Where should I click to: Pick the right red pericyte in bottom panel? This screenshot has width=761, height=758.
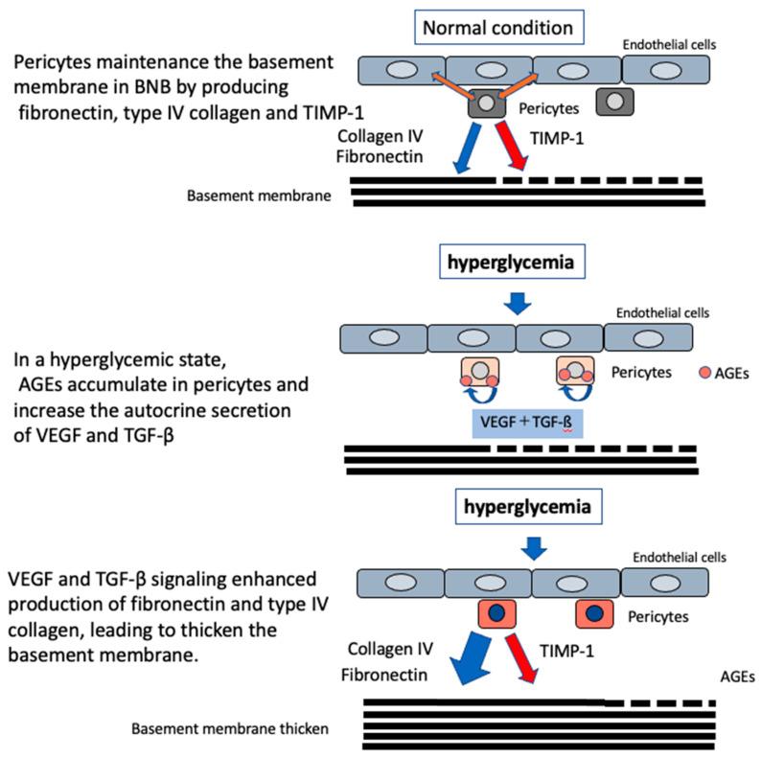(593, 614)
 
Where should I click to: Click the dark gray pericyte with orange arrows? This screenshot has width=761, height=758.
(488, 102)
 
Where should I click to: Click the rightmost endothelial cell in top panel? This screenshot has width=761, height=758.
(666, 69)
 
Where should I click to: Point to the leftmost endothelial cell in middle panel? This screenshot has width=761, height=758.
(383, 337)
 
